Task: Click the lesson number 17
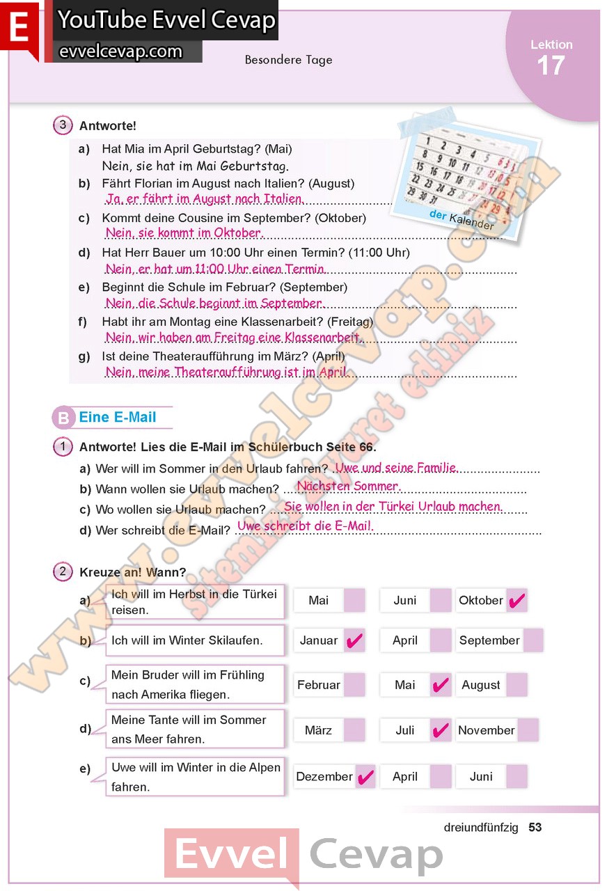point(551,66)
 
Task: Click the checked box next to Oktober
point(517,601)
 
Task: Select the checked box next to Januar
point(354,640)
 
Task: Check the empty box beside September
point(533,640)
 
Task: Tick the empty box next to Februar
point(354,685)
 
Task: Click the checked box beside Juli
point(441,730)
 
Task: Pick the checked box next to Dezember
point(365,776)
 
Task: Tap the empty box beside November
point(528,730)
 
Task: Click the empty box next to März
point(354,730)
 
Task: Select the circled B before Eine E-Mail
point(63,418)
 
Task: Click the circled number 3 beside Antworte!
point(63,125)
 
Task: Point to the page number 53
point(535,828)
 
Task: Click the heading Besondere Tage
point(288,60)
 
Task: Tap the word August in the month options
point(481,685)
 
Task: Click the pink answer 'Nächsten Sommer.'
point(348,486)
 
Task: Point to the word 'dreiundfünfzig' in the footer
point(481,828)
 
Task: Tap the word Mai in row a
point(318,600)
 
